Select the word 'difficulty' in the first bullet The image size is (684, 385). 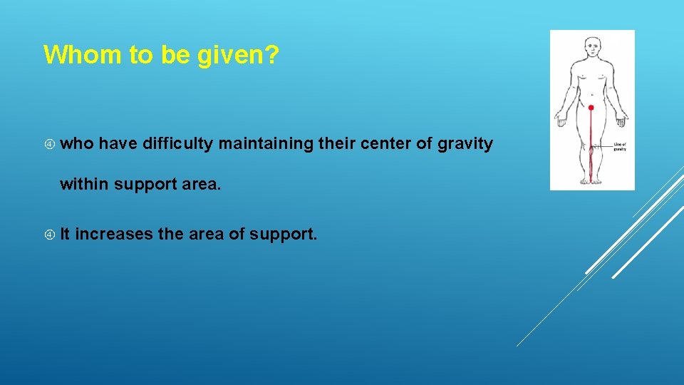coord(178,144)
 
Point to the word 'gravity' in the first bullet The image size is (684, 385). coord(465,144)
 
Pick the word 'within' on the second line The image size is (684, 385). coord(84,184)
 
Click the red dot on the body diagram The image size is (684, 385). coord(591,108)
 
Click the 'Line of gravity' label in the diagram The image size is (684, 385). coord(619,147)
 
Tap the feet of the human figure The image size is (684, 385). coord(591,180)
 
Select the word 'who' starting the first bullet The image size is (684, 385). coord(77,144)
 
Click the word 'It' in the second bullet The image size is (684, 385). coord(66,234)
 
